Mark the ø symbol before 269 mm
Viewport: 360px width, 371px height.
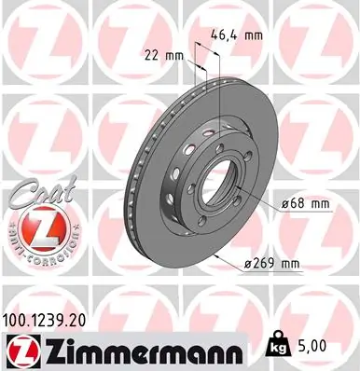(248, 264)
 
